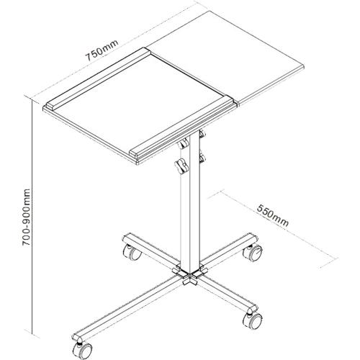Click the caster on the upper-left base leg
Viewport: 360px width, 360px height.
tap(132, 253)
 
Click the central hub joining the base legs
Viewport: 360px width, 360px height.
tap(189, 274)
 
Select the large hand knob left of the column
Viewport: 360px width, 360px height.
tap(179, 167)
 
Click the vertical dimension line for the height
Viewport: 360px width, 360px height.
tap(35, 216)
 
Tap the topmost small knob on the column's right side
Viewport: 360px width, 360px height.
tap(203, 132)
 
